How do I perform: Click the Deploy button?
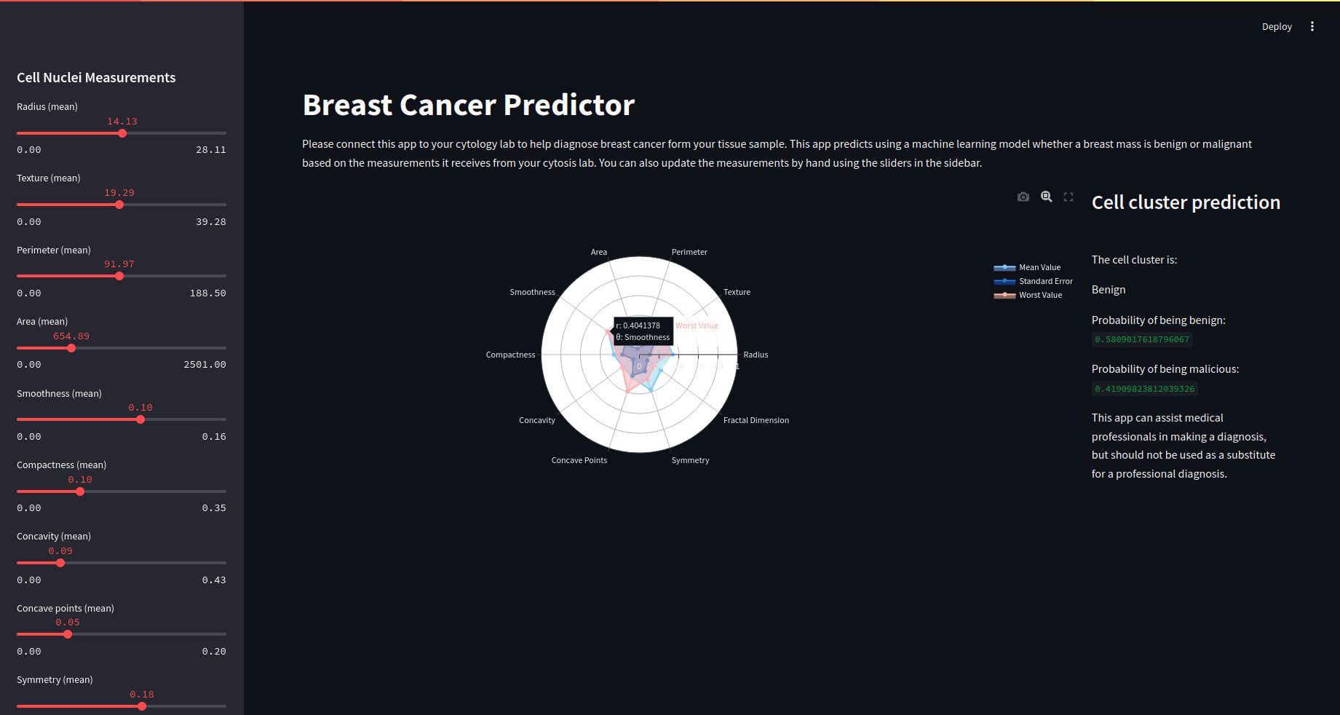coord(1277,27)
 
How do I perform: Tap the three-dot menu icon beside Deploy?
coord(1312,27)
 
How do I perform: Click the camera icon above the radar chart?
coord(1023,197)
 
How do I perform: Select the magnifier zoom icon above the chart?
coord(1047,197)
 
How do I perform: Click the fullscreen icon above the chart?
coord(1069,197)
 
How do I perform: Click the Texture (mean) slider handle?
coord(119,205)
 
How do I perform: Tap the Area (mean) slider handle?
coord(71,348)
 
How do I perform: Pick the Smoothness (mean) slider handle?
coord(140,419)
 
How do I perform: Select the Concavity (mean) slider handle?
coord(60,563)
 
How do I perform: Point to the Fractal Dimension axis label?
coord(756,420)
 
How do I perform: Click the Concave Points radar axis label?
coord(579,460)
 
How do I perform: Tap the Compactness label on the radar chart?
coord(510,355)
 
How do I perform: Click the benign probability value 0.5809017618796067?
coord(1142,340)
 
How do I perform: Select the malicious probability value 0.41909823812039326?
coord(1144,389)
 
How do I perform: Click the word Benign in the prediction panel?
coord(1109,290)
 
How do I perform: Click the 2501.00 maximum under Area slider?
coord(205,365)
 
